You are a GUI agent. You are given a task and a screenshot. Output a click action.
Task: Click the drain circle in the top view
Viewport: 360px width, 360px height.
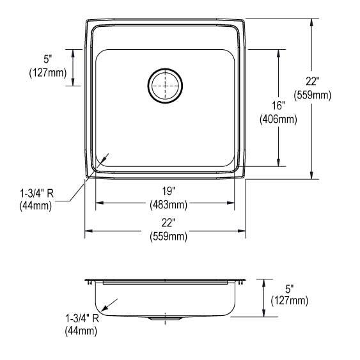click(x=165, y=84)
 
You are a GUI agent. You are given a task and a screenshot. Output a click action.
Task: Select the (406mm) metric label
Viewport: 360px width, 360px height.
click(x=277, y=118)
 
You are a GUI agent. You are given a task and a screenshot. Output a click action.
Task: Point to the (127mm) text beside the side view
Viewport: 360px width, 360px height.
click(x=290, y=301)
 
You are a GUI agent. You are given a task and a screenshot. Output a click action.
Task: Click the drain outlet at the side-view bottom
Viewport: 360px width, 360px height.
click(x=164, y=317)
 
